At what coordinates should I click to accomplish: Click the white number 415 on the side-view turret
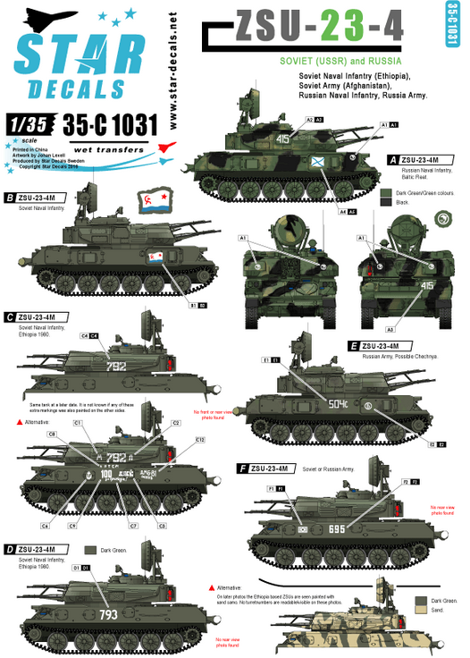point(283,139)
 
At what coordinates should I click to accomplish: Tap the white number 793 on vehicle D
point(107,614)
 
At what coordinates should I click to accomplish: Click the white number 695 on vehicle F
point(337,529)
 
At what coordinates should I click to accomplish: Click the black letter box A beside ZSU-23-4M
point(390,159)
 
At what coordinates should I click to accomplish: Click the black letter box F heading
point(243,468)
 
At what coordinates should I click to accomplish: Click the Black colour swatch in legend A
point(385,202)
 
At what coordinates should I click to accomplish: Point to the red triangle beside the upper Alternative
point(9,419)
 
